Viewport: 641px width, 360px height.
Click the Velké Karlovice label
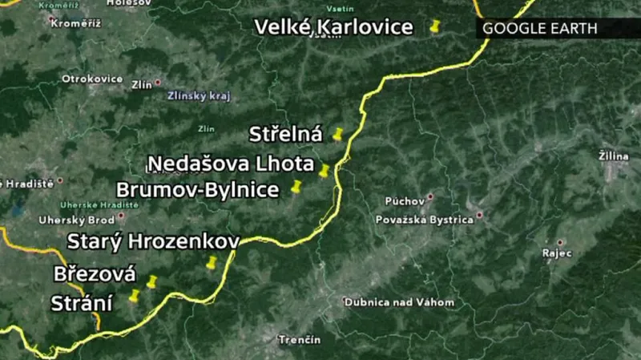(333, 27)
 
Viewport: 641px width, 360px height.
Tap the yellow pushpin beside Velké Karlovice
(435, 26)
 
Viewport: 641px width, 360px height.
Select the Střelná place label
(285, 133)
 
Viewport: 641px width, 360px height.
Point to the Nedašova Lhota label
(231, 164)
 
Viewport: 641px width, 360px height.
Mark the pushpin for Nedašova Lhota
(325, 170)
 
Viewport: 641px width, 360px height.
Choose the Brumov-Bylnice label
(198, 190)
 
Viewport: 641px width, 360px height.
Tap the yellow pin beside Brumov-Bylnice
(296, 188)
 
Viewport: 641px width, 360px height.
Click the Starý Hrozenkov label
(153, 241)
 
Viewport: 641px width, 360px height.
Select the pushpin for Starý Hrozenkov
(212, 262)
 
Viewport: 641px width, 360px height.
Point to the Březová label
(95, 273)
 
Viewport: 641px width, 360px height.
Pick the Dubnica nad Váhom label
(399, 302)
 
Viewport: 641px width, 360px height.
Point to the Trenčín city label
(300, 340)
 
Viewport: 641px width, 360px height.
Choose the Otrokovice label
(92, 79)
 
